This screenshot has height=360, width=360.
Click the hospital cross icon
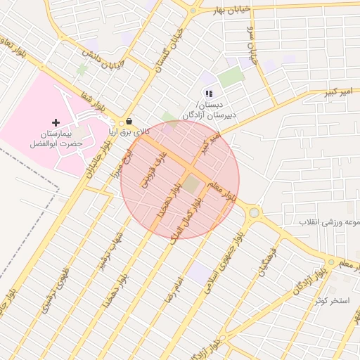tap(56, 122)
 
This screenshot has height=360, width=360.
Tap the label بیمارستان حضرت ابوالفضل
tap(56, 138)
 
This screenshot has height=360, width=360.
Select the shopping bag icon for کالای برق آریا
tap(129, 120)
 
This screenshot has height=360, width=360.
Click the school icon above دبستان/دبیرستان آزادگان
tap(208, 93)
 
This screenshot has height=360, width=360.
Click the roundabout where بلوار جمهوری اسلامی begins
tap(254, 212)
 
